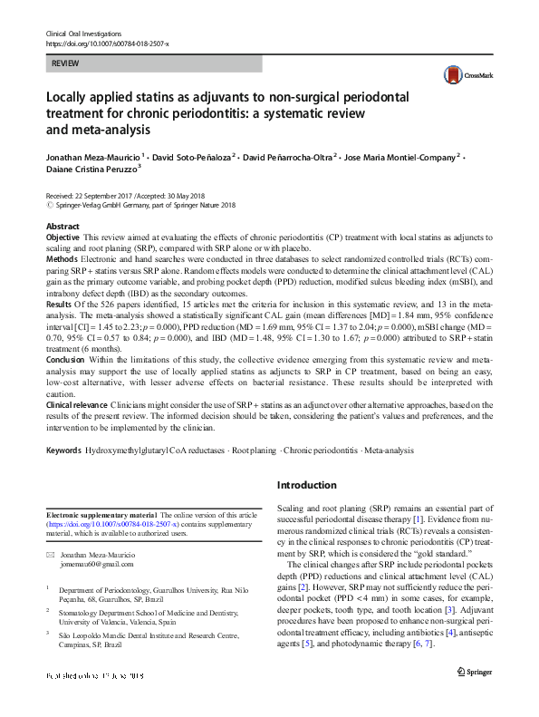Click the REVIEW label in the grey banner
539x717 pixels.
point(65,63)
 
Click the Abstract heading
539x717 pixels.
point(63,227)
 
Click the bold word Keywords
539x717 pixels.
point(63,450)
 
